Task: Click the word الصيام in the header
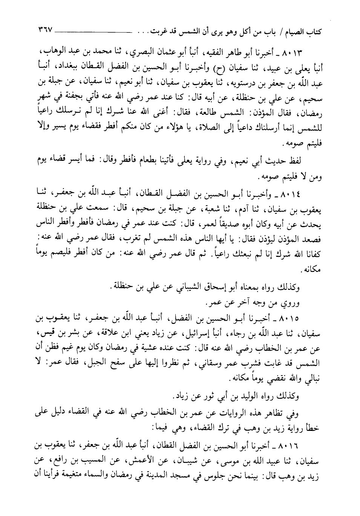coord(299,32)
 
